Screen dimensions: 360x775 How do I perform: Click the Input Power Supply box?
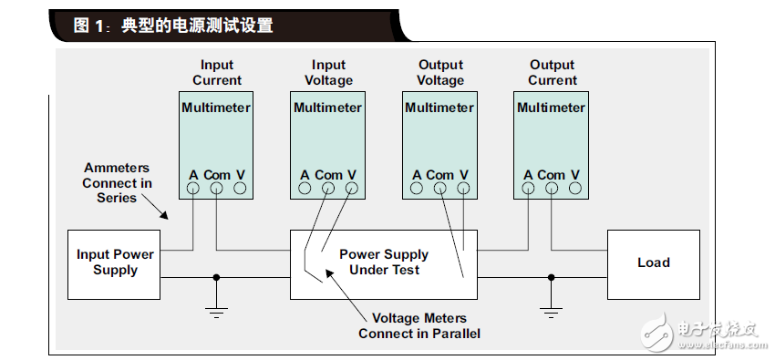(x=115, y=262)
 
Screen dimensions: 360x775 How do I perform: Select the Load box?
(x=653, y=262)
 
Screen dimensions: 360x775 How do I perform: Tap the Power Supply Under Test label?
(x=383, y=262)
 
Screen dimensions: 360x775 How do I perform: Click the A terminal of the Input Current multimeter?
(x=193, y=189)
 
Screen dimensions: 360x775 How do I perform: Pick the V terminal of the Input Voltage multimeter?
(x=352, y=189)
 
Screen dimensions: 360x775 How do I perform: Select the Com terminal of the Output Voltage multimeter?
(x=439, y=189)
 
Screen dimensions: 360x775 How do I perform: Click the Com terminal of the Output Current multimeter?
(x=551, y=189)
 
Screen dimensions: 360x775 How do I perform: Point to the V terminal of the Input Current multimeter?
(x=240, y=189)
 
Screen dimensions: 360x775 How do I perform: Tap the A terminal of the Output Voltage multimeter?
(x=417, y=189)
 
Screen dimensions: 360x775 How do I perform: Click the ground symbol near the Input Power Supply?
(x=216, y=312)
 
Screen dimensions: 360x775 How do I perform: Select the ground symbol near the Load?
(x=551, y=312)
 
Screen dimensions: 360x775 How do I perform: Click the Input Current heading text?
(x=217, y=73)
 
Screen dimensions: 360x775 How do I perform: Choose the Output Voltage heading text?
(x=440, y=73)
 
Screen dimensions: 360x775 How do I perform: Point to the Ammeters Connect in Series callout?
(x=118, y=183)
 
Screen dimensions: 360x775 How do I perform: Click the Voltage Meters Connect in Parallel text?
(x=419, y=325)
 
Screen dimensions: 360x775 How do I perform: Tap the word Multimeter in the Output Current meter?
(x=551, y=108)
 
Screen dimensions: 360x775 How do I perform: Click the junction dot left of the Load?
(x=551, y=277)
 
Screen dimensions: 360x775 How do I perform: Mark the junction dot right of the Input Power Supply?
(x=216, y=277)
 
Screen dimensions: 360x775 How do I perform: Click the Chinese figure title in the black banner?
(x=173, y=26)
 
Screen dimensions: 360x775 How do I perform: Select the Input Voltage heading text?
(x=329, y=73)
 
